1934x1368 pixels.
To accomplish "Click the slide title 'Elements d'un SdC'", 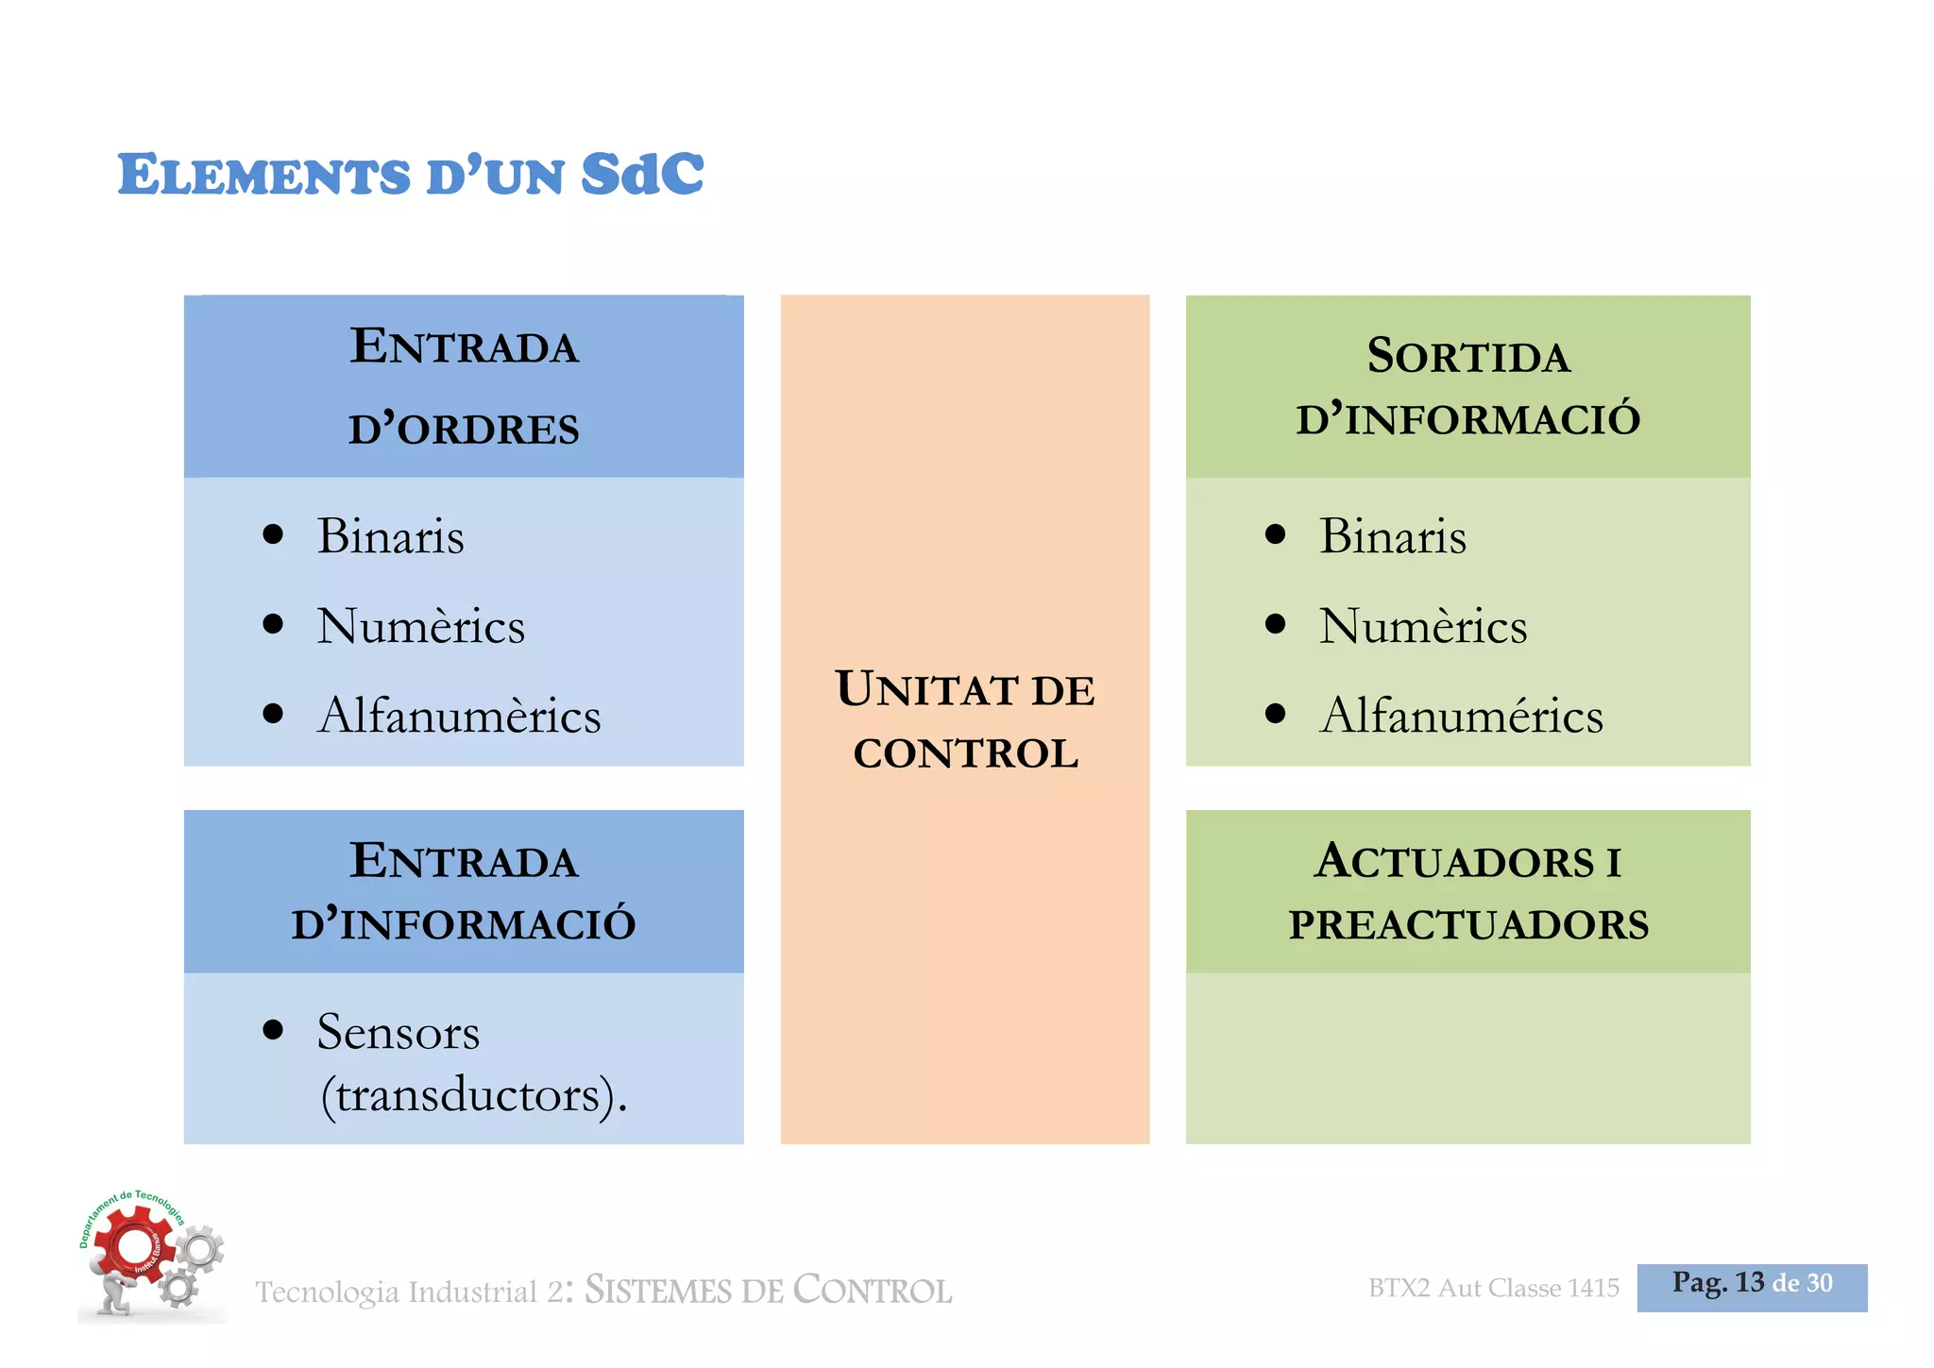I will click(411, 174).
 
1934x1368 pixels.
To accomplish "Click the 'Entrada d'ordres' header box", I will click(464, 386).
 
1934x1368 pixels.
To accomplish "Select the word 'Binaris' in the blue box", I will click(390, 536).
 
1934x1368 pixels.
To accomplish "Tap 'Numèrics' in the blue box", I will click(420, 626).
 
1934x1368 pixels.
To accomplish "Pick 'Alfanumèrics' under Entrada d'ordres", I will click(459, 715).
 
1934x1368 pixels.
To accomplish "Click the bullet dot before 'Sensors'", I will click(273, 1029).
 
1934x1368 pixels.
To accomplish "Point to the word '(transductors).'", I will click(473, 1095).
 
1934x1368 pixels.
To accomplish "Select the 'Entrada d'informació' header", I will click(464, 891).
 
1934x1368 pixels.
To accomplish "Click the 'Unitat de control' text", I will click(965, 719).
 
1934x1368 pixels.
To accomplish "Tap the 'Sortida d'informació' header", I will click(1467, 386).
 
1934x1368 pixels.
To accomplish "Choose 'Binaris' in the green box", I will click(1392, 536).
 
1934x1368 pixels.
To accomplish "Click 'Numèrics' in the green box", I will click(1422, 626).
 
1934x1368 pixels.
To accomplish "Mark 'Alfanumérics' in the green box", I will click(1461, 715).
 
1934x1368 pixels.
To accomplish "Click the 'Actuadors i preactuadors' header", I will click(1467, 891).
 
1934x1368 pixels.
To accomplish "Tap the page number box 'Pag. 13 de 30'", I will click(1752, 1286).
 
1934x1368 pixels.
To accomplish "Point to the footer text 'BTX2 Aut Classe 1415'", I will click(1493, 1288).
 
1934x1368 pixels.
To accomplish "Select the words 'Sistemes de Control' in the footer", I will click(768, 1290).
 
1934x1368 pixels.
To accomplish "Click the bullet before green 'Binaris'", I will click(1275, 534).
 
